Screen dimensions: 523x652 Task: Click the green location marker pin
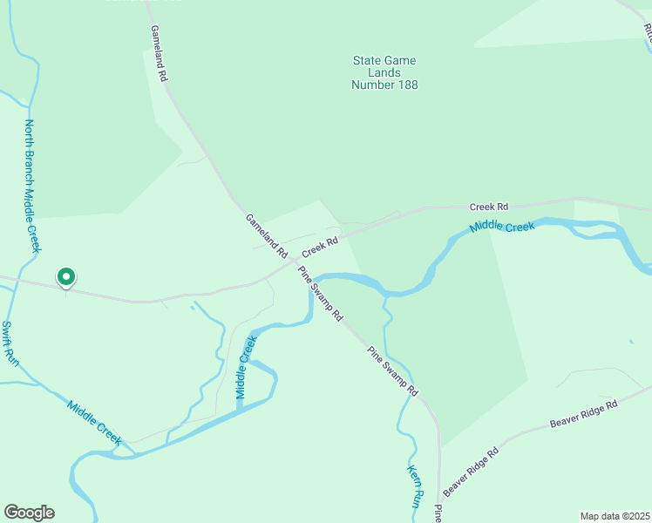click(65, 277)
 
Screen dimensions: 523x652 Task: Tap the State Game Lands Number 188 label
click(384, 72)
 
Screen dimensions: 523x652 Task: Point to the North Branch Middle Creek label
click(32, 186)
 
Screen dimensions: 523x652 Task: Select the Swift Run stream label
click(10, 343)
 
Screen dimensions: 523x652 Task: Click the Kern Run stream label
click(415, 486)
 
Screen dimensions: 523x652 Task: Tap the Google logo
click(29, 513)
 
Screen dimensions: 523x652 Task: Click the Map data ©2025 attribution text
click(615, 516)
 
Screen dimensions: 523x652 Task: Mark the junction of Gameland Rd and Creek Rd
click(294, 264)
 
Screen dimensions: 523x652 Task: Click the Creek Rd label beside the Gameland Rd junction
click(320, 248)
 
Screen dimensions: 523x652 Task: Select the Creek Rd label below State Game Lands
click(488, 207)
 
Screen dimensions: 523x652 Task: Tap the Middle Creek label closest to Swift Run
click(94, 422)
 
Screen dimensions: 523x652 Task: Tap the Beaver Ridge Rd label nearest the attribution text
click(583, 414)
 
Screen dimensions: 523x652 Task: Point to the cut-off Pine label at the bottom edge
click(439, 513)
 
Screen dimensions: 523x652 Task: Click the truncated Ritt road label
click(648, 33)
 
